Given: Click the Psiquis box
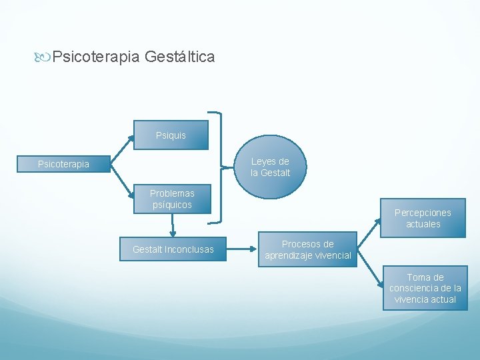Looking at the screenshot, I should (x=171, y=135).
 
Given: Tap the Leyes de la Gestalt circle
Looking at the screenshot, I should (x=270, y=167).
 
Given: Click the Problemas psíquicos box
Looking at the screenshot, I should (x=172, y=199).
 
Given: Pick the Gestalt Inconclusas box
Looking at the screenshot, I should (x=173, y=249).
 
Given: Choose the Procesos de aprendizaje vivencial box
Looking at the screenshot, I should (x=308, y=249).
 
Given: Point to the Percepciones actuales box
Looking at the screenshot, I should (x=423, y=218).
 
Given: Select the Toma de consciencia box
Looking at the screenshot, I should (x=425, y=288).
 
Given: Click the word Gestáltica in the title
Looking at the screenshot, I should (x=179, y=57).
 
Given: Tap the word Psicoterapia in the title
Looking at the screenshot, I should (x=96, y=57).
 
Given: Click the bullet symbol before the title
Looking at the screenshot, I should (x=44, y=57).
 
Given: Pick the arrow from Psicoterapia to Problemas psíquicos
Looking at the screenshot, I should (x=121, y=179).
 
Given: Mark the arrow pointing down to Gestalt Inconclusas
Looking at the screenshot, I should (x=173, y=225).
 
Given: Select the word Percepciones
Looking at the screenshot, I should (x=423, y=213).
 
